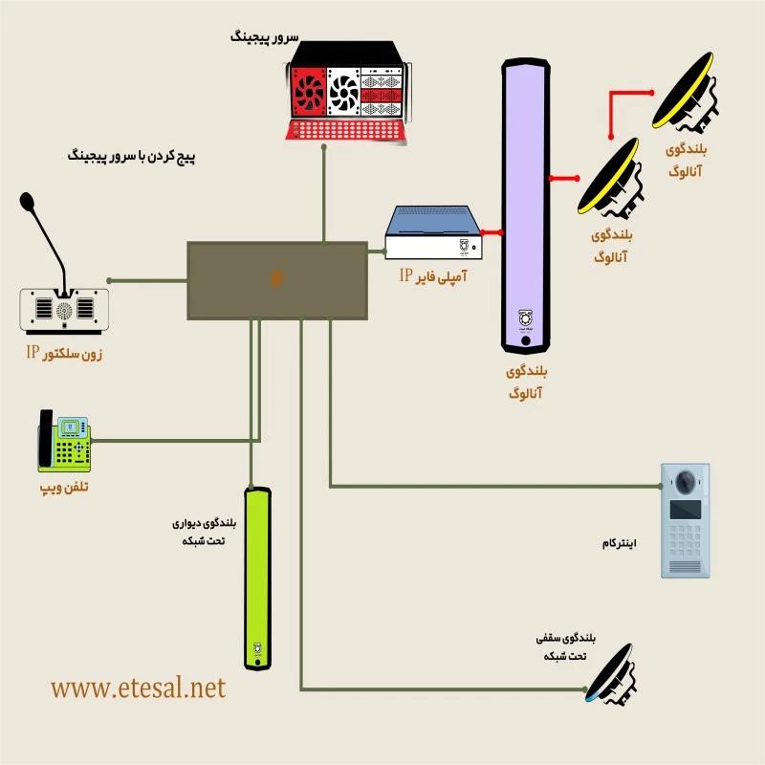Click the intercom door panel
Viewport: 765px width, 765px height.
[x=685, y=520]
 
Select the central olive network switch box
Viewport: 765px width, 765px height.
[x=276, y=280]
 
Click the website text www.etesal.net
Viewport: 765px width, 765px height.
[x=139, y=687]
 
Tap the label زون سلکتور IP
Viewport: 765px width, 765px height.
[x=64, y=355]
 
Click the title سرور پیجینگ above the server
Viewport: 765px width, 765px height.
[x=265, y=38]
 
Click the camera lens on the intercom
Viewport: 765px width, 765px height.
[x=686, y=480]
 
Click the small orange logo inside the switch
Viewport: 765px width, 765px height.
[x=276, y=279]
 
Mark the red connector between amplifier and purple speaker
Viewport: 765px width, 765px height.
[x=492, y=231]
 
